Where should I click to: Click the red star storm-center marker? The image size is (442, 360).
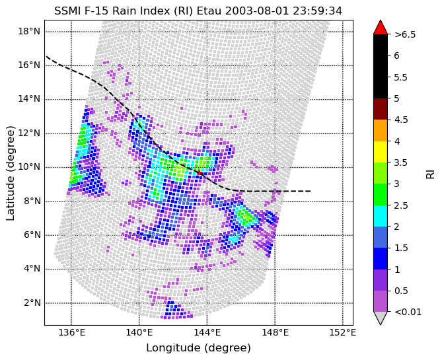tap(199, 172)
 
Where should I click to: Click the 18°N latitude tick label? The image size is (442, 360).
tap(29, 31)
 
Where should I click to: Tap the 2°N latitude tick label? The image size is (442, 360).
tap(32, 303)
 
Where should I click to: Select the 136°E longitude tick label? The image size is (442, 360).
tap(71, 333)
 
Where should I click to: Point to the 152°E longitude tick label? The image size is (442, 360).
tap(343, 333)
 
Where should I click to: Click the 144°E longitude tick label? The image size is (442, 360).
tap(207, 333)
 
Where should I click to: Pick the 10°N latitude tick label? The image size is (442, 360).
tap(29, 167)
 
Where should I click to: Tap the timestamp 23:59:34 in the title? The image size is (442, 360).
tap(317, 11)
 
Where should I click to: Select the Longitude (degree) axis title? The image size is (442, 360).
tap(198, 348)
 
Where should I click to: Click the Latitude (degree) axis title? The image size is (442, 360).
tap(11, 173)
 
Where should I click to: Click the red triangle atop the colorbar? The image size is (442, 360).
tap(381, 28)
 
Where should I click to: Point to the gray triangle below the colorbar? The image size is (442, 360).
tap(381, 318)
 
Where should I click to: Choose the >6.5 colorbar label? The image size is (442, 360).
tap(405, 34)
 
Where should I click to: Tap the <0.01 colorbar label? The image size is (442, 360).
tap(408, 312)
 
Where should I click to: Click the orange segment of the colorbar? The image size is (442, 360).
tap(381, 131)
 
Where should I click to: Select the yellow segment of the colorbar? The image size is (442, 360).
tap(381, 152)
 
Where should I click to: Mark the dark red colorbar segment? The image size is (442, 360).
tap(381, 109)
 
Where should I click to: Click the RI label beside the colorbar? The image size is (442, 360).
tap(430, 174)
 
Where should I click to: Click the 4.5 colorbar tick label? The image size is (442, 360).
tap(401, 120)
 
